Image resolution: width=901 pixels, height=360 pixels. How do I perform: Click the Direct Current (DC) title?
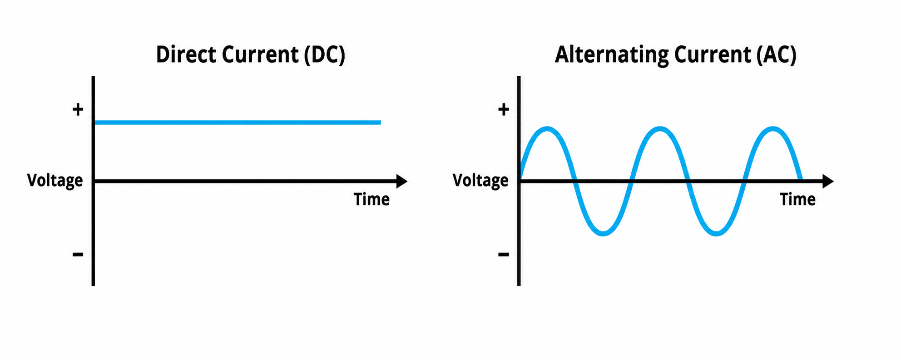click(x=251, y=55)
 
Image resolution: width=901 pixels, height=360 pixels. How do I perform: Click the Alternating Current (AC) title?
click(x=676, y=55)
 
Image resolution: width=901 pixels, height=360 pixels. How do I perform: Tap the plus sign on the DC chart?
click(x=78, y=109)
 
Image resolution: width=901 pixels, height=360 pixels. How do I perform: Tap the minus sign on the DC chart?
click(x=78, y=254)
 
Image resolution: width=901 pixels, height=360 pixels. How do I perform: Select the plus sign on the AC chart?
click(x=504, y=109)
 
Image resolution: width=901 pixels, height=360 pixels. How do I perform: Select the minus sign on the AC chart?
click(x=504, y=254)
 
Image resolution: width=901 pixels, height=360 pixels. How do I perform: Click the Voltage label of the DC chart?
click(x=55, y=181)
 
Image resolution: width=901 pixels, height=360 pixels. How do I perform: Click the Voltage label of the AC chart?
click(x=480, y=181)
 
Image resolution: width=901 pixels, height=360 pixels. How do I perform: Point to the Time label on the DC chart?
click(x=371, y=199)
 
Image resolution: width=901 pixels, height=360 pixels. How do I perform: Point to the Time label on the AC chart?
click(x=797, y=199)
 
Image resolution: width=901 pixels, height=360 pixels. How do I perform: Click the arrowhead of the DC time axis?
click(x=402, y=181)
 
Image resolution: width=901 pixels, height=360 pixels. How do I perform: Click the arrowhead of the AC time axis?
click(x=828, y=181)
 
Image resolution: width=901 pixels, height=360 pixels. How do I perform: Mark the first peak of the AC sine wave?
click(x=547, y=129)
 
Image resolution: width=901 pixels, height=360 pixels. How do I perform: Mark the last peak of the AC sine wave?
click(x=772, y=129)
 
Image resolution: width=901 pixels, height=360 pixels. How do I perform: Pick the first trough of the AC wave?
click(x=604, y=233)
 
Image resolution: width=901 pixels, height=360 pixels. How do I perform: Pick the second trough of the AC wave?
click(x=716, y=233)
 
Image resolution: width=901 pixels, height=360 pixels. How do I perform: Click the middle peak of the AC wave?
click(x=660, y=129)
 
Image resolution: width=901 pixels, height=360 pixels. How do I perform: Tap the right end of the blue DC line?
click(x=380, y=123)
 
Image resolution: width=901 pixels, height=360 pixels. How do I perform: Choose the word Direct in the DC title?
click(x=186, y=54)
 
